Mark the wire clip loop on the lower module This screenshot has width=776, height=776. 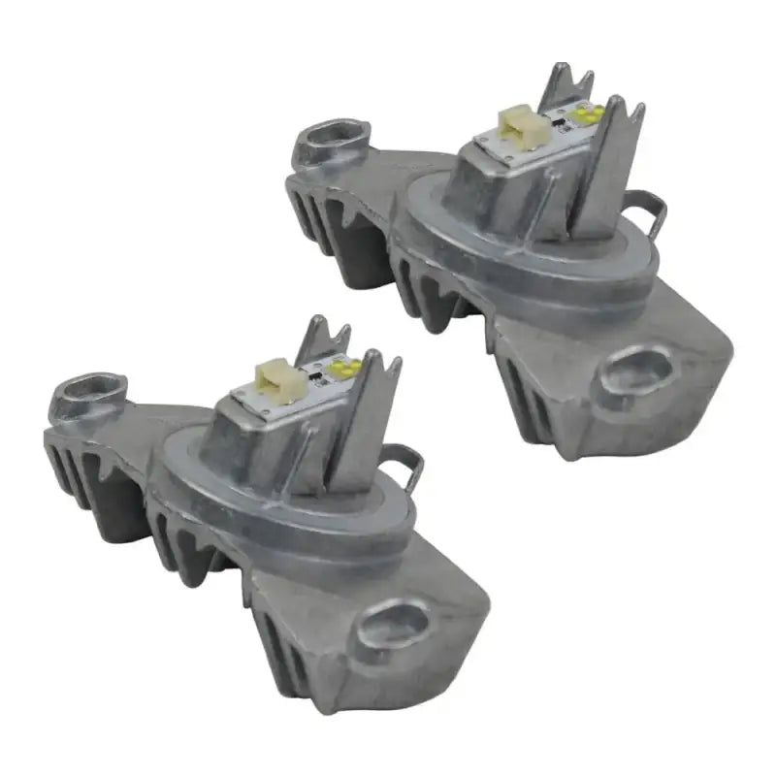pyautogui.click(x=407, y=466)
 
